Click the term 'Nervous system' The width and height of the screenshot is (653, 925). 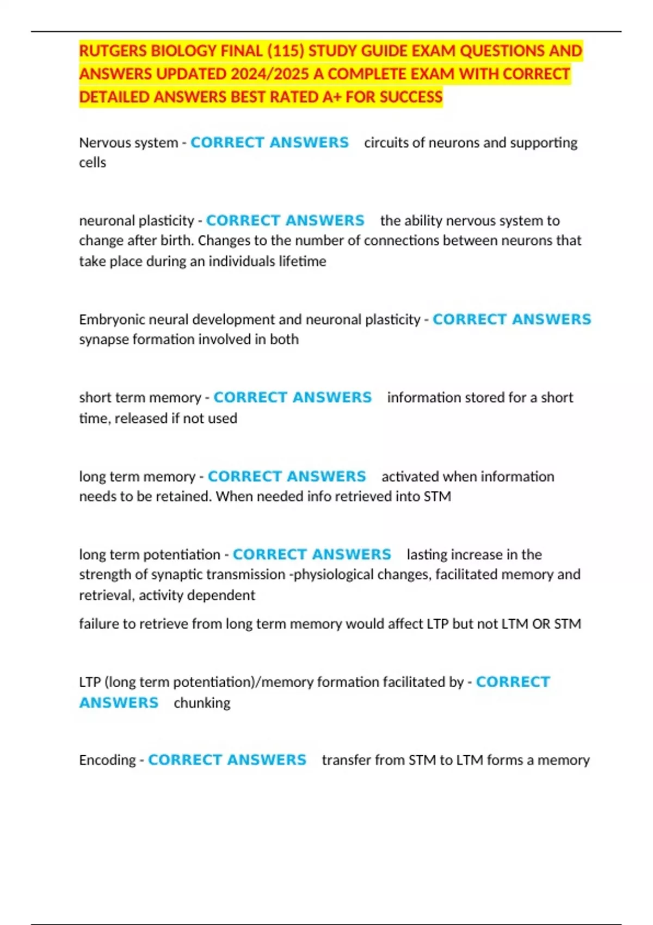coord(128,143)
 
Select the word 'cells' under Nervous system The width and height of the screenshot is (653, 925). coord(93,163)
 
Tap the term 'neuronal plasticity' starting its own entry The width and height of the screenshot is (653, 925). coord(137,220)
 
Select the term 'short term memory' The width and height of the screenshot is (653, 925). coord(140,398)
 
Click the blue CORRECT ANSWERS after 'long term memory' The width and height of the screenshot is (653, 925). coord(287,477)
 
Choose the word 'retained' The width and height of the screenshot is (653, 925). coord(183,497)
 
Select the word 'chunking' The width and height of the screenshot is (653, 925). coord(202,703)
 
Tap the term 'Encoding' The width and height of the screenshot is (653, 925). coord(107,760)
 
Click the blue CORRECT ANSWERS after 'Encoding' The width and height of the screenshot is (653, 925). coord(227,760)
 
